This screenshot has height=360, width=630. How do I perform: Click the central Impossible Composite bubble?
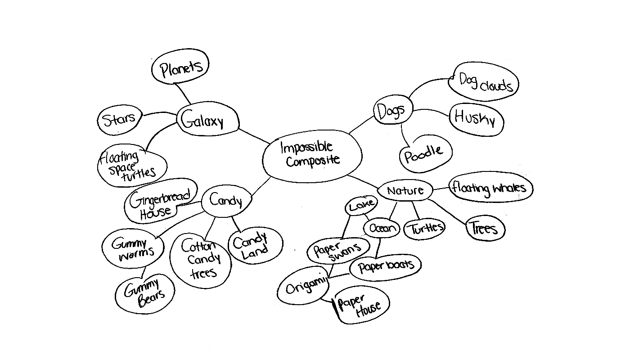click(x=312, y=154)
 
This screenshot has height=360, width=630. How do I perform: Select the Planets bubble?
click(x=180, y=68)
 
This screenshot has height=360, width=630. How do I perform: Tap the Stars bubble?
click(x=119, y=120)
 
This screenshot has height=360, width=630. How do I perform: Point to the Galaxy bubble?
click(x=207, y=121)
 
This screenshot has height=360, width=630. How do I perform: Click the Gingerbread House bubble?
click(x=160, y=204)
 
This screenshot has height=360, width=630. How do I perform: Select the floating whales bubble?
click(x=490, y=188)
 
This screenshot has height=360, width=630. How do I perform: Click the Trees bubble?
click(x=485, y=229)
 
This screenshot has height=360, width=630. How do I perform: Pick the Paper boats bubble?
click(x=386, y=266)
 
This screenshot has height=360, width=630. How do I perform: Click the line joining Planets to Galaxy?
click(x=182, y=94)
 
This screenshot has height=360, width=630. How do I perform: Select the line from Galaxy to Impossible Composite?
click(x=254, y=136)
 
